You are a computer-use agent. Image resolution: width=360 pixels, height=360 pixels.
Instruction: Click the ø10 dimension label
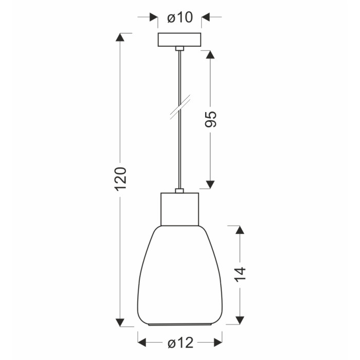click(x=180, y=17)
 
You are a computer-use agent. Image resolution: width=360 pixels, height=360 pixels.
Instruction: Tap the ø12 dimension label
click(x=181, y=343)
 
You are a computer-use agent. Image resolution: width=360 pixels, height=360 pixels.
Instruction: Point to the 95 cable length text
click(x=210, y=119)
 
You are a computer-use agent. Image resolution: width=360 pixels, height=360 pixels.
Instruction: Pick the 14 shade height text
click(x=240, y=274)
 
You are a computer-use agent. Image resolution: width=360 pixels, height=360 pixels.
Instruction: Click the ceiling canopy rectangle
click(x=179, y=40)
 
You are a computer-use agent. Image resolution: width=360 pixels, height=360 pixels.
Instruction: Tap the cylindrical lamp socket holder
click(x=179, y=209)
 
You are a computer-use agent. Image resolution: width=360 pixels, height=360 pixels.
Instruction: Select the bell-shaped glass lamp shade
click(x=180, y=276)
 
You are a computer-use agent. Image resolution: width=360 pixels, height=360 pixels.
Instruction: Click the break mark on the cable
click(x=180, y=107)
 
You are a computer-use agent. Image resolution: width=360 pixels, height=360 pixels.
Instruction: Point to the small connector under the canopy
click(x=179, y=48)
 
